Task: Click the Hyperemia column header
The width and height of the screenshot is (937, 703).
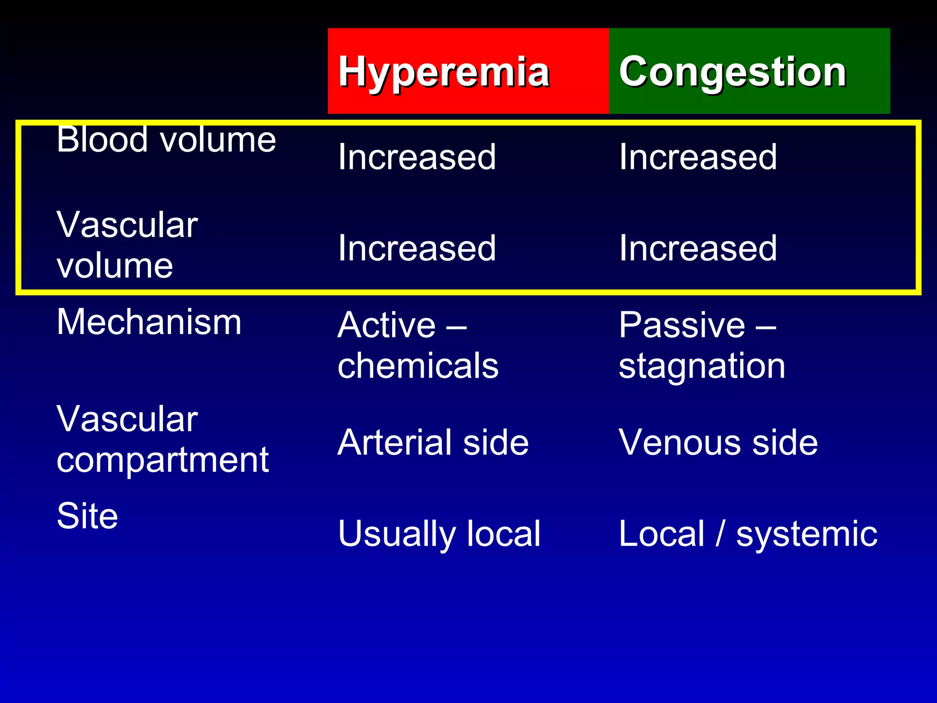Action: tap(444, 72)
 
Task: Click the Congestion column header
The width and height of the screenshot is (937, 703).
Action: tap(732, 72)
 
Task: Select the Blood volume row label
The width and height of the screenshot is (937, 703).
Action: tap(166, 140)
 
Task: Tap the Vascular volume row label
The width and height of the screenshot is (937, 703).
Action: tap(127, 245)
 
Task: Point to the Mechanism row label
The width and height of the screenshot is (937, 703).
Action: tap(149, 322)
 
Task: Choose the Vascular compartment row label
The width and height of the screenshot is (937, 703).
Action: tap(162, 439)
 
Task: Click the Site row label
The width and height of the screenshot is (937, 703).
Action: tap(87, 516)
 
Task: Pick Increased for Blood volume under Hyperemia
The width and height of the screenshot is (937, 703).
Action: tap(417, 157)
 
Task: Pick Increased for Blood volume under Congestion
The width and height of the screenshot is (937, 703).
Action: tap(698, 157)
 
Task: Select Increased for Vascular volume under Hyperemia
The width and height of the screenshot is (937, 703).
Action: tap(417, 248)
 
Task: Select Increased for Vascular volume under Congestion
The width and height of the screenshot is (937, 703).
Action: tap(698, 248)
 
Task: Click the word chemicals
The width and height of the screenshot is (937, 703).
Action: tap(418, 366)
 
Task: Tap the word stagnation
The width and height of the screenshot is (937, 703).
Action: tap(702, 366)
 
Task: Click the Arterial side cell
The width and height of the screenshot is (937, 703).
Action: tap(433, 443)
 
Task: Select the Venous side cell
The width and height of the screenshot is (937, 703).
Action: tap(718, 443)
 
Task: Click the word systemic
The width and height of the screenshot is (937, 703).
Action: tap(806, 534)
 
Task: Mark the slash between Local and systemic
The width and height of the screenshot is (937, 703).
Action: tap(720, 534)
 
